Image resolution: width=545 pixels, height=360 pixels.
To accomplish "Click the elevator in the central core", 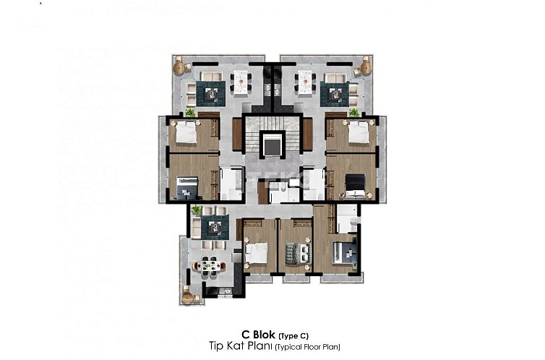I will (x=272, y=145).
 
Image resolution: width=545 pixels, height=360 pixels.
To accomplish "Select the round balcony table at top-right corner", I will (x=364, y=67).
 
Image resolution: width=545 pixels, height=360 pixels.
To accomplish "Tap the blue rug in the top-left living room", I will (x=213, y=93).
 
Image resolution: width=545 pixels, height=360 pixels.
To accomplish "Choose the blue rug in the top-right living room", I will (x=334, y=93).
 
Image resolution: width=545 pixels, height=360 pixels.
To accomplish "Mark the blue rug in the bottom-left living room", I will (x=215, y=227).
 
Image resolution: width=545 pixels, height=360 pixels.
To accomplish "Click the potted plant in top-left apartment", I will (x=190, y=112).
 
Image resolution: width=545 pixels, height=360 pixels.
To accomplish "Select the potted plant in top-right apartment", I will (x=354, y=112).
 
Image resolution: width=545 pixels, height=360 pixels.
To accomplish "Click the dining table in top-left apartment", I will (x=240, y=81).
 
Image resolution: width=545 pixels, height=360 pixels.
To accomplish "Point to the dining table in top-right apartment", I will (x=306, y=81).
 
